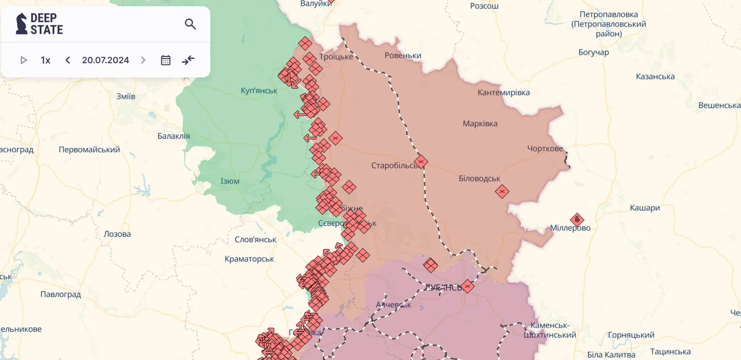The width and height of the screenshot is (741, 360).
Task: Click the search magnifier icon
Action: [190, 24]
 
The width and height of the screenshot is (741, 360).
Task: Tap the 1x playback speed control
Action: [45, 60]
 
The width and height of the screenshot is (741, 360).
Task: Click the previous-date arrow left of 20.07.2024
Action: [67, 60]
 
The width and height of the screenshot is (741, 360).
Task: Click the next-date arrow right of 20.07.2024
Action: [143, 60]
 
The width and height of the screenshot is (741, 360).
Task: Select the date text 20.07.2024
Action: [105, 60]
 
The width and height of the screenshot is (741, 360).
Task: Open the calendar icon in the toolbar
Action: [166, 60]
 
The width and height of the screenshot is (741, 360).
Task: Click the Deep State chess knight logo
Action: [21, 24]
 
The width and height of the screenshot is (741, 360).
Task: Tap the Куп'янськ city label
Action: [259, 91]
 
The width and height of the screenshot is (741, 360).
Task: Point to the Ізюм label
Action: [230, 181]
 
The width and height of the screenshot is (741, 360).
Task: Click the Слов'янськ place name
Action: [255, 240]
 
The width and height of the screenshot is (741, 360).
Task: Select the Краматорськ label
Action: [249, 259]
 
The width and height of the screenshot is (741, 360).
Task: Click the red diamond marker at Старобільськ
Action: [421, 162]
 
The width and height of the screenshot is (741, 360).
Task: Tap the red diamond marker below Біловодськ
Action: [502, 191]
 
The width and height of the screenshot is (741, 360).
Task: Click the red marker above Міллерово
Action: [577, 220]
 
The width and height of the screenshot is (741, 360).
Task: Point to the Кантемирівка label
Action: [503, 93]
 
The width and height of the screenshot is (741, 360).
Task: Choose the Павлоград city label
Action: [60, 294]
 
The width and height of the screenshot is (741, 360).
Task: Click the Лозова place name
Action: [117, 234]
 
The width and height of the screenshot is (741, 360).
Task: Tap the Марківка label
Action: [480, 124]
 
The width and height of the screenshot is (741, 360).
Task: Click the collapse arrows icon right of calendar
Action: [188, 60]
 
